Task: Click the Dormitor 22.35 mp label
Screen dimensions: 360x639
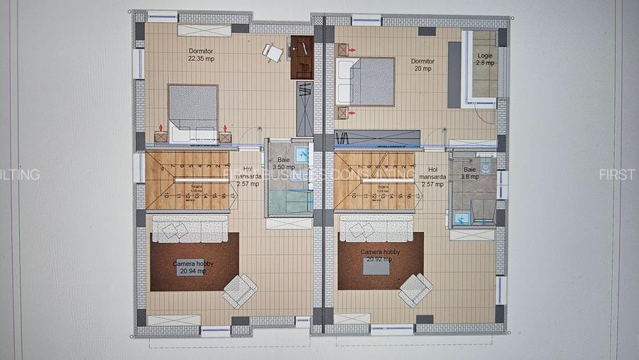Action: pyautogui.click(x=201, y=55)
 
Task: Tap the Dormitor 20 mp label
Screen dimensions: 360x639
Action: pyautogui.click(x=422, y=65)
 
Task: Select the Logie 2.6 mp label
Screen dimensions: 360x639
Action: pyautogui.click(x=485, y=59)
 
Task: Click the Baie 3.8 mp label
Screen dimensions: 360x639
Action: pyautogui.click(x=470, y=174)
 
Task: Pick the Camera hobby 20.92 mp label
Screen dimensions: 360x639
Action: pyautogui.click(x=380, y=256)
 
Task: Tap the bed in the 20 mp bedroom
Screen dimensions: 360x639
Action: pyautogui.click(x=366, y=82)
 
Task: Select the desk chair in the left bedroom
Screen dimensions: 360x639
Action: pyautogui.click(x=272, y=52)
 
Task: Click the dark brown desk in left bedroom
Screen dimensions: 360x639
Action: pyautogui.click(x=302, y=57)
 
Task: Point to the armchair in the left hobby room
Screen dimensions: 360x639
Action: pyautogui.click(x=240, y=290)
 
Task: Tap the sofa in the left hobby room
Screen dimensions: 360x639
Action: pyautogui.click(x=190, y=229)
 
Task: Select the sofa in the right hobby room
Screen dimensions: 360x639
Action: pyautogui.click(x=376, y=227)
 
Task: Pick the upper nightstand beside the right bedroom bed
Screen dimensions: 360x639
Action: pyautogui.click(x=344, y=50)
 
